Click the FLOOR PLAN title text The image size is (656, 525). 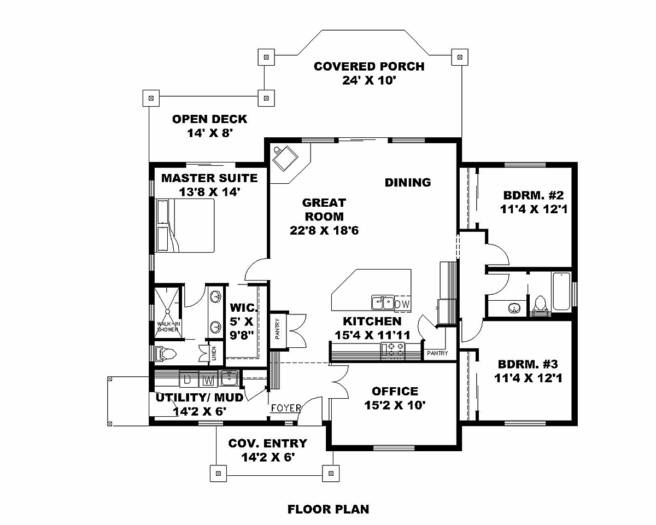(329, 509)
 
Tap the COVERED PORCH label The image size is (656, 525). (369, 67)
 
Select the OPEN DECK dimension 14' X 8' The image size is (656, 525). (210, 133)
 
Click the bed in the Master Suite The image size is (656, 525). (185, 225)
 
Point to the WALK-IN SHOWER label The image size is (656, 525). (168, 326)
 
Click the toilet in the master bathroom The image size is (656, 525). (166, 354)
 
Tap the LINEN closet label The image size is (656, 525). (214, 353)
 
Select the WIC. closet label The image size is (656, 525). (244, 307)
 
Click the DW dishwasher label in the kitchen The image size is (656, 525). (402, 304)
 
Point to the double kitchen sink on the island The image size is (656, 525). (383, 302)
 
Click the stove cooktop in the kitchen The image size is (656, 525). (393, 350)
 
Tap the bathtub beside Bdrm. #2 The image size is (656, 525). (561, 291)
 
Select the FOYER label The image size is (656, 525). (286, 408)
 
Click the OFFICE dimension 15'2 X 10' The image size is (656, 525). (395, 405)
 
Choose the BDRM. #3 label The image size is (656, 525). (528, 364)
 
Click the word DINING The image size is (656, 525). (408, 183)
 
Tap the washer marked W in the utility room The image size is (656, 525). (208, 380)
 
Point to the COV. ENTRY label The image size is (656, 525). (268, 444)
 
